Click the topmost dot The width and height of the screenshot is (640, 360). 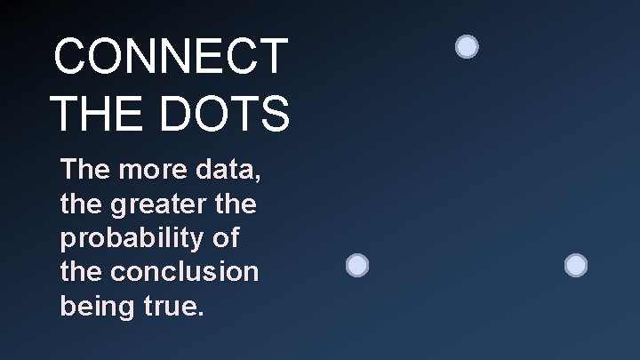(x=467, y=46)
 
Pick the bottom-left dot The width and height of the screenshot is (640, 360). (x=356, y=265)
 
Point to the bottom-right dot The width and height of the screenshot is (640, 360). (x=576, y=265)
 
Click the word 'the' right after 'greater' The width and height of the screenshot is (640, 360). (x=235, y=205)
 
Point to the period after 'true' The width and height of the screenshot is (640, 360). (x=202, y=316)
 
